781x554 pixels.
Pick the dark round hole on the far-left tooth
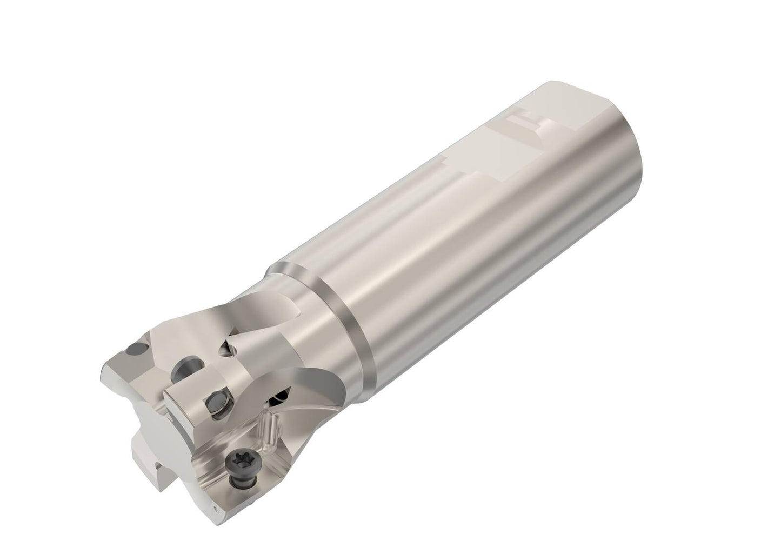[x=132, y=351]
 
